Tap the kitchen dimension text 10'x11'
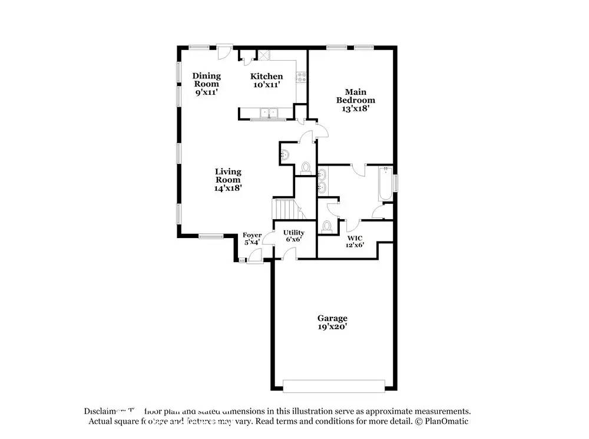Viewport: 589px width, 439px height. (x=266, y=85)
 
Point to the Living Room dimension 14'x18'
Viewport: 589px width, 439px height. (x=228, y=188)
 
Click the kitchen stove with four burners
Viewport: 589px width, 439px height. (x=302, y=75)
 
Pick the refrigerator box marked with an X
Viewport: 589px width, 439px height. (x=264, y=55)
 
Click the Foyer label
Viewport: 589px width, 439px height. (x=253, y=235)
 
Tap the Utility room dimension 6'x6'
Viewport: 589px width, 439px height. (x=293, y=240)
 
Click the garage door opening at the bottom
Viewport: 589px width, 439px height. (x=335, y=386)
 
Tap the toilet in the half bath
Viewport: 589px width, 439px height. (x=306, y=168)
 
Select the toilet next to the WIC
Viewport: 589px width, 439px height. (x=327, y=226)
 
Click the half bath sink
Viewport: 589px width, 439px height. (x=285, y=154)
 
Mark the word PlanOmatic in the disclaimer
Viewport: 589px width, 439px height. (x=446, y=422)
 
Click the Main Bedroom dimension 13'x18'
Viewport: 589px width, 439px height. (x=355, y=108)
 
